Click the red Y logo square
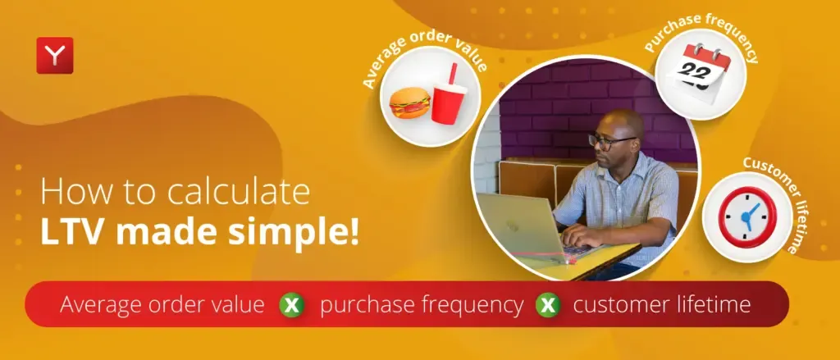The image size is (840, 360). point(55,55)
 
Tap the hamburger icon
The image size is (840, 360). point(410,103)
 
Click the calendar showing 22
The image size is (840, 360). point(698,73)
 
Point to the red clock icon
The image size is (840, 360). point(746,216)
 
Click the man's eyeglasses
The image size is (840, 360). point(611,141)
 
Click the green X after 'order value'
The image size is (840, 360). point(292,305)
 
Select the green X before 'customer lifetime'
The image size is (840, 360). point(548,305)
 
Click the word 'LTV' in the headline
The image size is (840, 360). point(74,234)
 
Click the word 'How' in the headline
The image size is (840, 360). point(75,193)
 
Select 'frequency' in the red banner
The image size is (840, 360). point(471,305)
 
